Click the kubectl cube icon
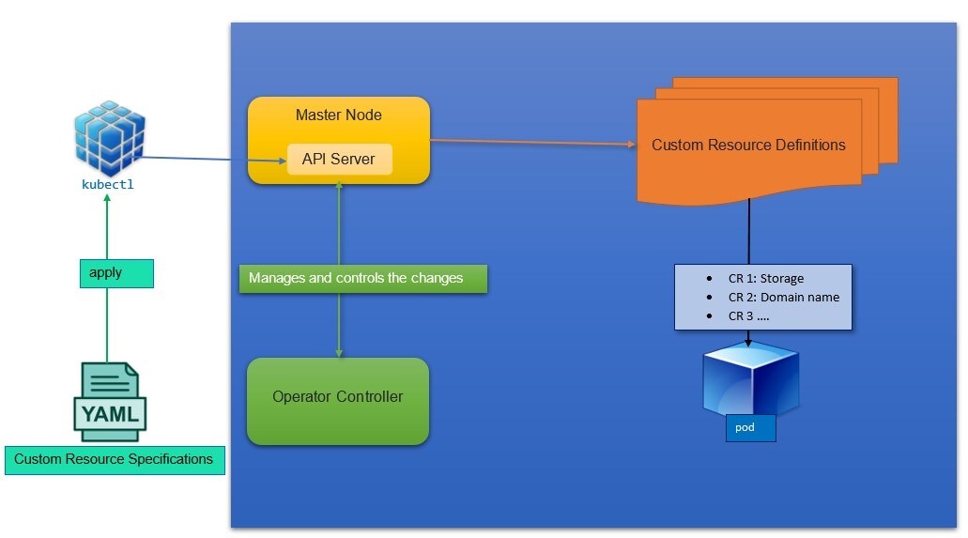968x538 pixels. (x=110, y=137)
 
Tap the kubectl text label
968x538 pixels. (x=108, y=185)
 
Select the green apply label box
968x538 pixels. (x=115, y=273)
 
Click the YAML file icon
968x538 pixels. (x=110, y=402)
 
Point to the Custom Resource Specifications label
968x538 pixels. (x=115, y=460)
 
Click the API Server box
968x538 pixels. (x=339, y=160)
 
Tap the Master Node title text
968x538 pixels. (x=339, y=115)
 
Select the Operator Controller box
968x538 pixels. (x=338, y=401)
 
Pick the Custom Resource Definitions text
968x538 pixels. (x=748, y=146)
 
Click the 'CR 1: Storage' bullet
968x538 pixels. (x=766, y=278)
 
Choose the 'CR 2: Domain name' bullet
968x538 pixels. (x=784, y=297)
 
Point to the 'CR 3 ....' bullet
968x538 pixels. (x=749, y=315)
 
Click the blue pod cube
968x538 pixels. (x=751, y=380)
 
